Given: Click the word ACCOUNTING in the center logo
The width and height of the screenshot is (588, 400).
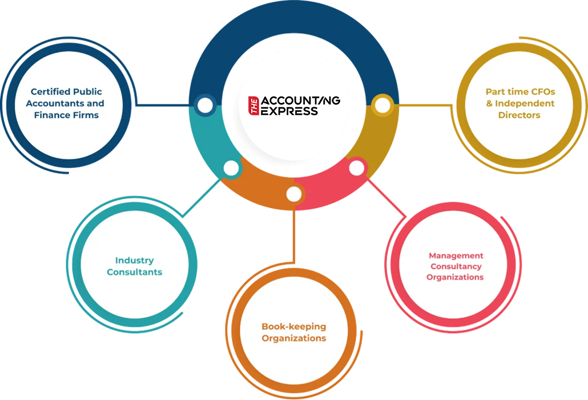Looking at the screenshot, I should point(300,101).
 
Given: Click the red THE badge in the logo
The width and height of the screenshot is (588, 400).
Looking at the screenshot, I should point(255,106).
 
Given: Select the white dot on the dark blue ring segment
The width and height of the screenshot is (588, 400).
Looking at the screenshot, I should point(204,106).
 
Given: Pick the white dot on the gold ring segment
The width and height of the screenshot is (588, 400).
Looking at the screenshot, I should point(382,106).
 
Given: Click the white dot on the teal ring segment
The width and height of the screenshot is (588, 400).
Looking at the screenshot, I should point(231,168).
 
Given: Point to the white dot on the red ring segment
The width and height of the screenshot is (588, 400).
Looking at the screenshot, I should point(356,168).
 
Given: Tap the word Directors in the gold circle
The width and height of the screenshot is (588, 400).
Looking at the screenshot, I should point(519,115).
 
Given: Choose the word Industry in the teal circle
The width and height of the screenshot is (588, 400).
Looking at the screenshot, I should point(134,261).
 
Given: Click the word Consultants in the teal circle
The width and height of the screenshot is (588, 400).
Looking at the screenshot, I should point(134,273).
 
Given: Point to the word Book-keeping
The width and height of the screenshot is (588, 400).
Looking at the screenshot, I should point(293,327).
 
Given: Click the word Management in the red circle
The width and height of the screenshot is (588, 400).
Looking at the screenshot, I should point(456,255).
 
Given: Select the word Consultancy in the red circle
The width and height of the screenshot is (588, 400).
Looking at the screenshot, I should point(456,266).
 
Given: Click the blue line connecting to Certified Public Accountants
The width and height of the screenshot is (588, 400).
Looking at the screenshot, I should point(163,106).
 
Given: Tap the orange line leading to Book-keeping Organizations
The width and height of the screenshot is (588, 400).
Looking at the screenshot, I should point(293,234).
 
